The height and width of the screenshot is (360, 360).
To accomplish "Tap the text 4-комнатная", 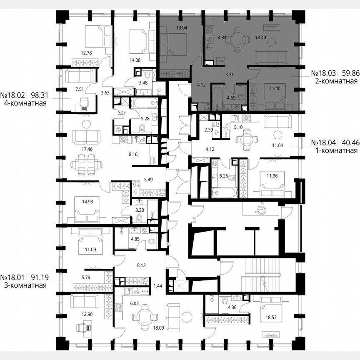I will pos(23,103).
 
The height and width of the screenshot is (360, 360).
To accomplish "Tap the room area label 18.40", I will pos(261,37).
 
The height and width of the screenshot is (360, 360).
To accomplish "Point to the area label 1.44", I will pos(157,285).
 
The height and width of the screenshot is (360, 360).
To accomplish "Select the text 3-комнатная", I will pos(23,285).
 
